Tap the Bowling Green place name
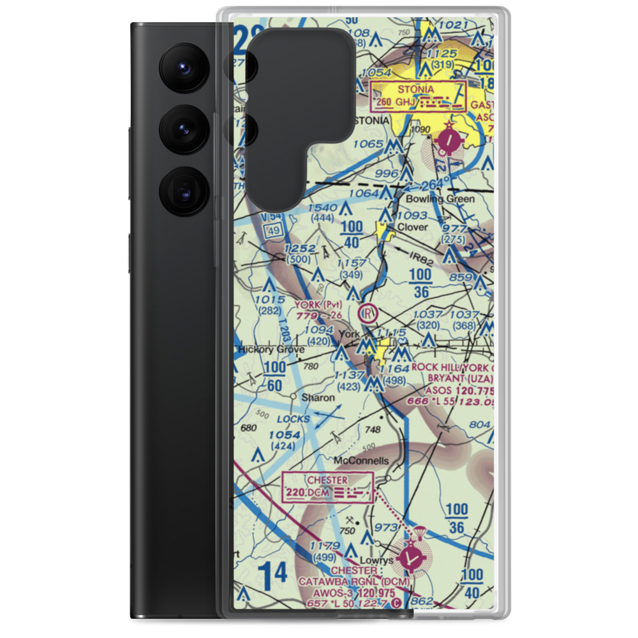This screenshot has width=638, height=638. (440, 199)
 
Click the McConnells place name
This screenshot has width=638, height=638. (360, 460)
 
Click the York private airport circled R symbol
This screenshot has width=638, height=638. (367, 313)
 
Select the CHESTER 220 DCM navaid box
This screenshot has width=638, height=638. (328, 486)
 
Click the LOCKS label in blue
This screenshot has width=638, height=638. (293, 419)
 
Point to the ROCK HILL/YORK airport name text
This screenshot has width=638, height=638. (452, 367)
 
